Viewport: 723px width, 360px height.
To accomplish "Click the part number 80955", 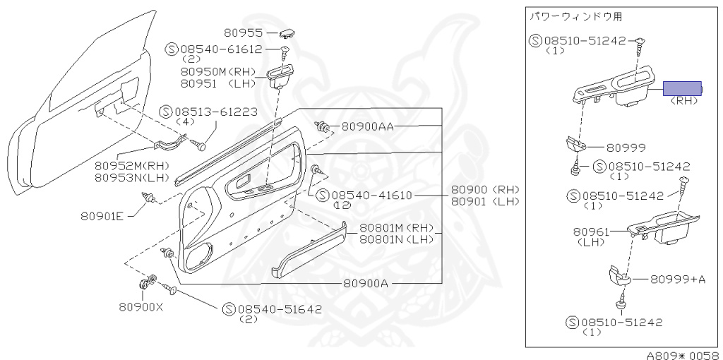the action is coord(243,32).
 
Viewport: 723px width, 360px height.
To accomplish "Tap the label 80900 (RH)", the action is coord(484,190).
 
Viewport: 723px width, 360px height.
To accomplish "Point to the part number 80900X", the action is coord(141,307).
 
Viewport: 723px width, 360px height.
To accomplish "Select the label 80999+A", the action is coord(677,280).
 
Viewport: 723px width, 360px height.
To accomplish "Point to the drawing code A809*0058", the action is coord(682,355).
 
